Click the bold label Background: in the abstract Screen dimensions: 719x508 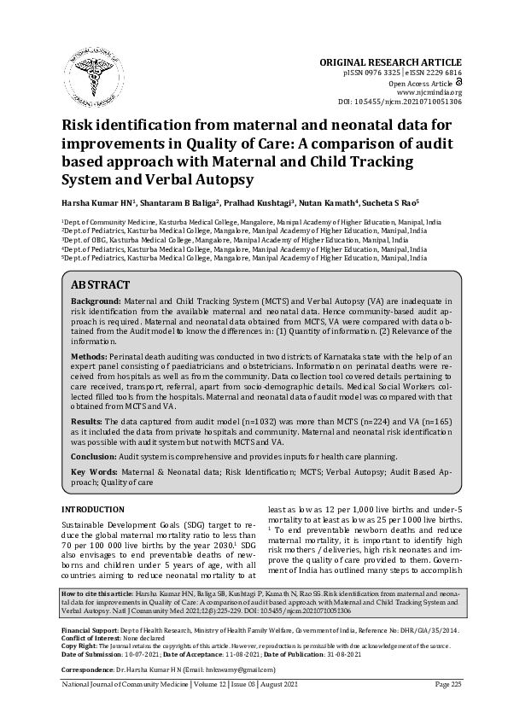(x=95, y=302)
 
